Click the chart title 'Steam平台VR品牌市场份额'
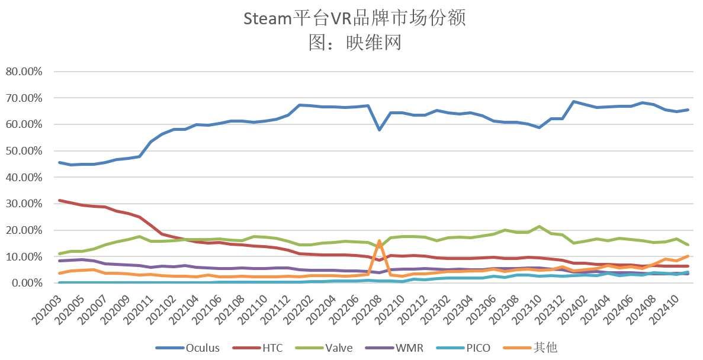(354, 18)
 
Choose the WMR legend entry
(397, 348)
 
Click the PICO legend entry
(465, 348)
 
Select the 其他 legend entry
(532, 348)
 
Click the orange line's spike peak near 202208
(379, 241)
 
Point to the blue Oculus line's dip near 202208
(380, 129)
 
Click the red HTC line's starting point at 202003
(59, 201)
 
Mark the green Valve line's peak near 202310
(538, 227)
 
